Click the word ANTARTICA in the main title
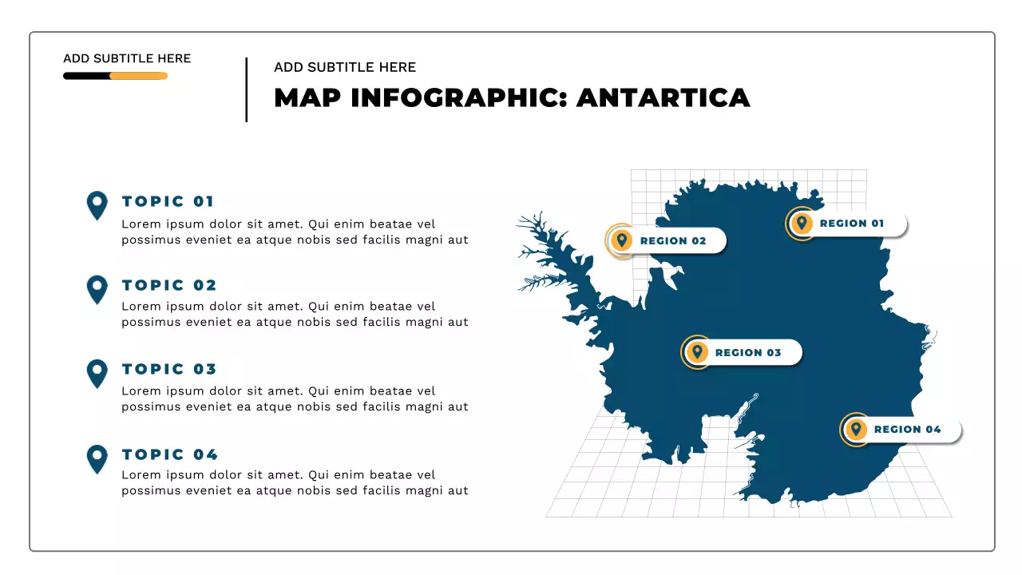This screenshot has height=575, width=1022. [663, 97]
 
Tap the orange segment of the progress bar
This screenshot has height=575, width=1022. [138, 76]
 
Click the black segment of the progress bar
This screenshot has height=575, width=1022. [86, 76]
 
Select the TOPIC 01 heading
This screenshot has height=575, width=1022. [168, 201]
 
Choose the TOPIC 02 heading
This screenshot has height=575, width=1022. [169, 285]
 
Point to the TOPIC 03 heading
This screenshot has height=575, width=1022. [169, 369]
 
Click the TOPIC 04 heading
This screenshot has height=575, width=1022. [170, 454]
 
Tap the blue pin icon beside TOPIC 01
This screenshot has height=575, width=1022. [97, 204]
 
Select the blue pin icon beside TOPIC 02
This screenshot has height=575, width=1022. [97, 288]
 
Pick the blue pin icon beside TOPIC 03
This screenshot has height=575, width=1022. [97, 372]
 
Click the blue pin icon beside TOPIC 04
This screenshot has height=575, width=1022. [97, 458]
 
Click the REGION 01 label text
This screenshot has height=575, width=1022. [852, 224]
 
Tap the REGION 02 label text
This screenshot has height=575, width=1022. [673, 241]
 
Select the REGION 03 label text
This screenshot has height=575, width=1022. [748, 353]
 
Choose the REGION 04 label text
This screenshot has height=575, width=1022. [907, 430]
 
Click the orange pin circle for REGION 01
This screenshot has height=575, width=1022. [801, 224]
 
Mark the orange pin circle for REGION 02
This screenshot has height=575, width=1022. [621, 240]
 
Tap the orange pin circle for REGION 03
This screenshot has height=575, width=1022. [697, 352]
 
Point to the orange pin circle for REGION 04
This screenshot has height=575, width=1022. [856, 430]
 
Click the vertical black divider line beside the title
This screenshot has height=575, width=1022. [247, 89]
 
